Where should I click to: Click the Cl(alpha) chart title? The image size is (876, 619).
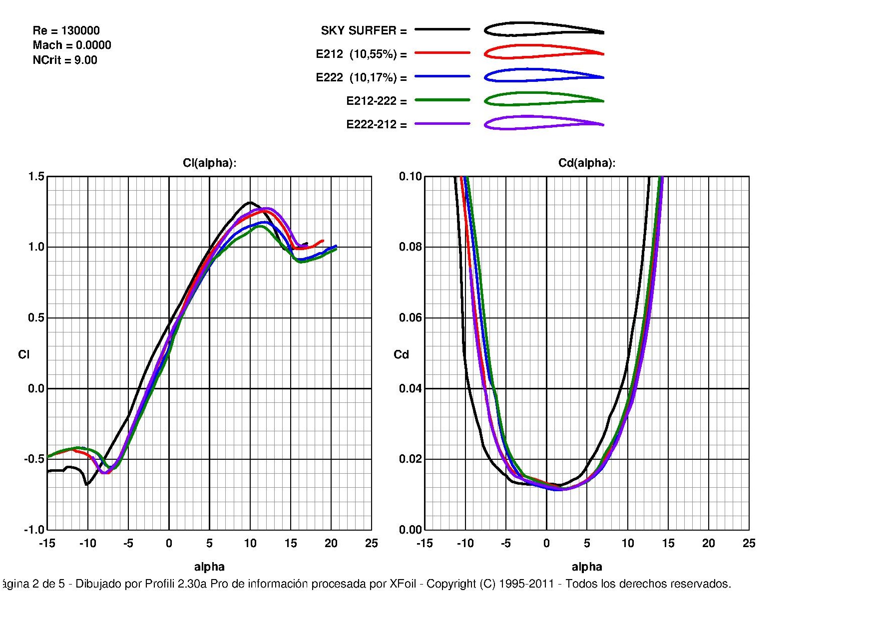coord(209,163)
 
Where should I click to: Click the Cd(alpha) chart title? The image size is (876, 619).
coord(586,163)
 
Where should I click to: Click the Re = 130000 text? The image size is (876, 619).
coord(66,30)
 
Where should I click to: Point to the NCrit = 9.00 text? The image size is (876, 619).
coord(65,60)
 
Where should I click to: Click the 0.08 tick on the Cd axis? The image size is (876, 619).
coord(410,247)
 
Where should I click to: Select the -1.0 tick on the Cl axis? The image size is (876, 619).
coord(34,530)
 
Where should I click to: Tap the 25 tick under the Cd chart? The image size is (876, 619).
coord(749,544)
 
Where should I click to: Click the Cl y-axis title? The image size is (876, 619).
coord(23,354)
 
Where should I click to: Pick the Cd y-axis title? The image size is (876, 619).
coord(401,354)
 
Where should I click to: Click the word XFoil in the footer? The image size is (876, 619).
coord(403,584)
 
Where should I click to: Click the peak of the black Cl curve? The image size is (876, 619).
coord(250,202)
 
